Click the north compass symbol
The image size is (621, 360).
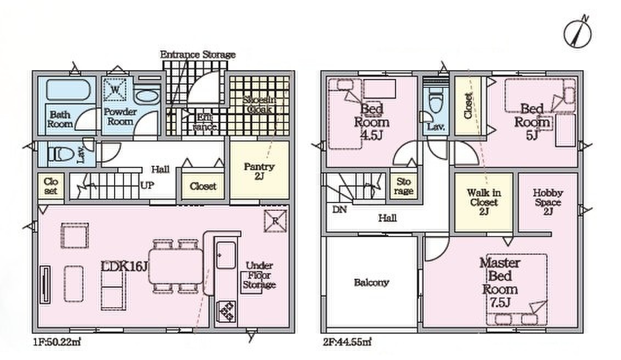(x=578, y=32)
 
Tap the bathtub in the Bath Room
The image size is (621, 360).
(x=68, y=90)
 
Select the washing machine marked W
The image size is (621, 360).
(x=115, y=90)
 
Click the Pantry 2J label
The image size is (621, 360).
(x=259, y=171)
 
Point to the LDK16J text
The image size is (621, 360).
(x=125, y=266)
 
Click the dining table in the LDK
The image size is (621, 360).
(x=176, y=266)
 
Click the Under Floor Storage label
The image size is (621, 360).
(x=259, y=275)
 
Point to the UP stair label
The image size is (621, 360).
(x=147, y=185)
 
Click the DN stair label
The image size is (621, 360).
(x=340, y=209)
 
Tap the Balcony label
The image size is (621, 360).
(x=371, y=283)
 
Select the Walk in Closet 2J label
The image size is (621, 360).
(x=483, y=202)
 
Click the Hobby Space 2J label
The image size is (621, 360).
(x=547, y=202)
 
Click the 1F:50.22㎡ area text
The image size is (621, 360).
(x=57, y=341)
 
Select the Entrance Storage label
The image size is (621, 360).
(x=197, y=54)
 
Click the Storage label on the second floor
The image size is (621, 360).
(x=404, y=186)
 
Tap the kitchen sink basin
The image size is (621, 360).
(x=226, y=255)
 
